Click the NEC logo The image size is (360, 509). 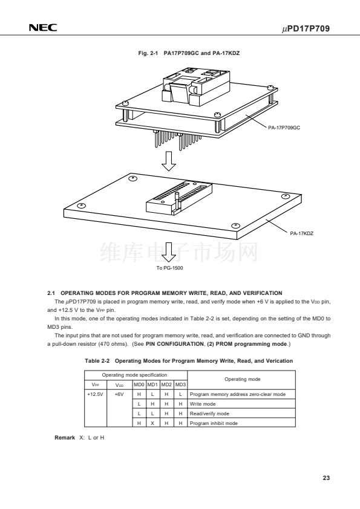pyautogui.click(x=43, y=28)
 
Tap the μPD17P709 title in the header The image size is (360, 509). pyautogui.click(x=306, y=28)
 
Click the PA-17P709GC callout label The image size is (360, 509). pyautogui.click(x=284, y=128)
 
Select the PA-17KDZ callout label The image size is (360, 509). pyautogui.click(x=301, y=233)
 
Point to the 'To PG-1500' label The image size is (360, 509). pyautogui.click(x=169, y=268)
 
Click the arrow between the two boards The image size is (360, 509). pyautogui.click(x=169, y=161)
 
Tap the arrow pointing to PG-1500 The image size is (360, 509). pyautogui.click(x=169, y=252)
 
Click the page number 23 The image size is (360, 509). pyautogui.click(x=326, y=478)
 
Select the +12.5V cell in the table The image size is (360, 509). pyautogui.click(x=95, y=394)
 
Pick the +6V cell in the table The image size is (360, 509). pyautogui.click(x=119, y=394)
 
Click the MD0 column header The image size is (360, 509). pyautogui.click(x=139, y=384)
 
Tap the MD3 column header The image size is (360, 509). pyautogui.click(x=181, y=384)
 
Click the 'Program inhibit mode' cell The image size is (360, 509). pyautogui.click(x=214, y=423)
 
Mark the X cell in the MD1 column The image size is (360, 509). pyautogui.click(x=152, y=423)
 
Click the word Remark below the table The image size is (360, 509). pyautogui.click(x=65, y=438)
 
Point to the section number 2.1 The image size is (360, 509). pyautogui.click(x=51, y=293)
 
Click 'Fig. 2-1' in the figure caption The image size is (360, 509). pyautogui.click(x=148, y=53)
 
